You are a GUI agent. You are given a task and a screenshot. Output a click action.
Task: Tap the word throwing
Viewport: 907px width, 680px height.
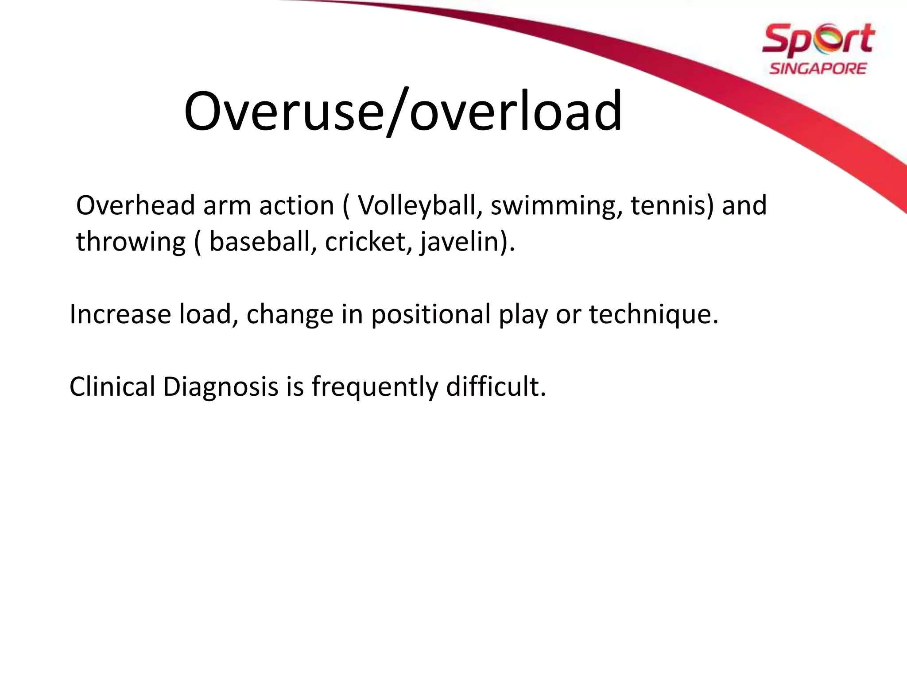[x=131, y=243]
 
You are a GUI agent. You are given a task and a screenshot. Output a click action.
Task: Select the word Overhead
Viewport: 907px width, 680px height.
[x=136, y=206]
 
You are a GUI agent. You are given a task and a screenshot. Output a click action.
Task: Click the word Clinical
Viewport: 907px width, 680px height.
[x=112, y=386]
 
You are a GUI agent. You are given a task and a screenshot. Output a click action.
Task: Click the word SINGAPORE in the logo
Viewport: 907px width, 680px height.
[x=818, y=69]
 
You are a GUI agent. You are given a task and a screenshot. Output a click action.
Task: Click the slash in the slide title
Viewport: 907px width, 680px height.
[x=396, y=112]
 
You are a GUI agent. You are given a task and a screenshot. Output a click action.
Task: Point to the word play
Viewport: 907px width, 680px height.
[x=523, y=315]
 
